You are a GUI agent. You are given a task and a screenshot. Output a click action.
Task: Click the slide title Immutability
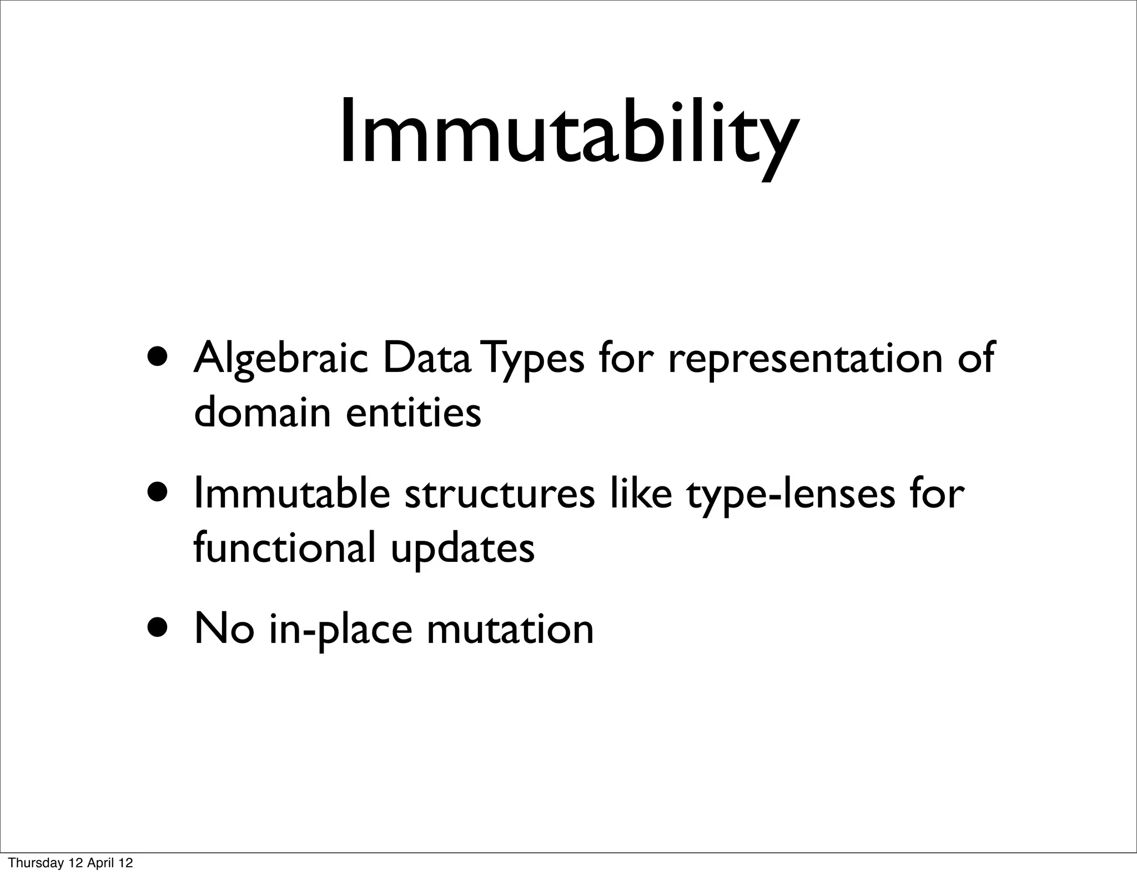[x=568, y=133]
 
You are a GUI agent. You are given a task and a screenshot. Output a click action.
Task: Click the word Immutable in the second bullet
[x=291, y=494]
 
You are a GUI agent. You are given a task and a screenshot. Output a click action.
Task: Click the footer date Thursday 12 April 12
[x=71, y=863]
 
